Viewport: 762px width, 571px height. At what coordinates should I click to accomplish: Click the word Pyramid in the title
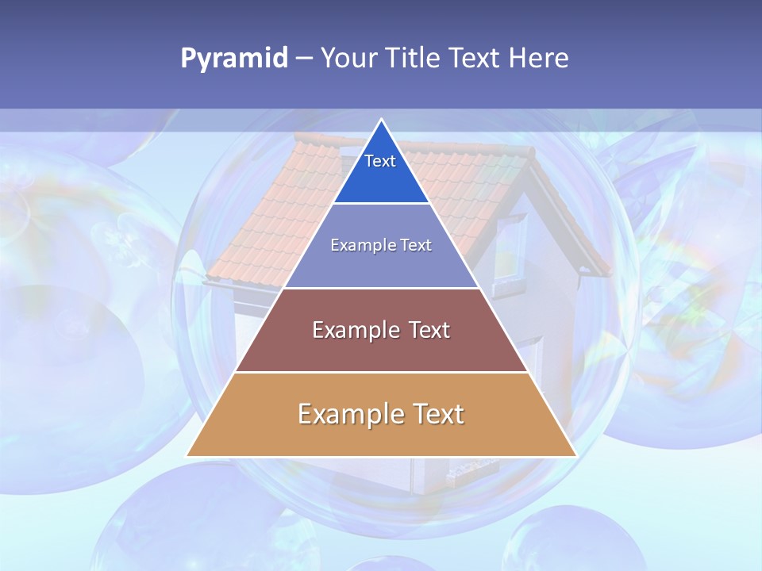[x=234, y=59]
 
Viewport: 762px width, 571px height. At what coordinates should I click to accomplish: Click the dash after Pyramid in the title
[x=304, y=59]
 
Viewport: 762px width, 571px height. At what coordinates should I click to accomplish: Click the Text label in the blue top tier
[x=380, y=161]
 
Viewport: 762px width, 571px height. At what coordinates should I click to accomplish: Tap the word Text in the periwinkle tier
[x=416, y=245]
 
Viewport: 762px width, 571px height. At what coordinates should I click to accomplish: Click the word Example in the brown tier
[x=352, y=330]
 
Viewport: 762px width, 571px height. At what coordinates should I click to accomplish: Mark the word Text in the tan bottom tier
[x=435, y=414]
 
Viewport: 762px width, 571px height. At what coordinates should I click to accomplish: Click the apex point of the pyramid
[x=381, y=120]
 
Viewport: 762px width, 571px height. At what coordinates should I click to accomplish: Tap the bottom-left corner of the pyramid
[x=187, y=455]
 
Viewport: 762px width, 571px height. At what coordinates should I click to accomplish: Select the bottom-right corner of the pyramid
[x=575, y=455]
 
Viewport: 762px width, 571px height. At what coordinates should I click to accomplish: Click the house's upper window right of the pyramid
[x=510, y=247]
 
